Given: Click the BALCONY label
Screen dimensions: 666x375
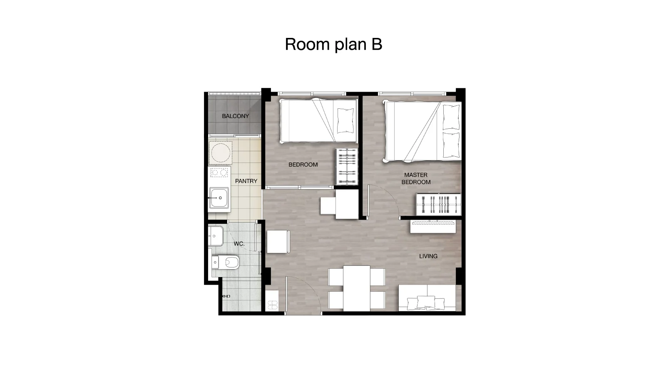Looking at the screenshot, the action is [x=235, y=116].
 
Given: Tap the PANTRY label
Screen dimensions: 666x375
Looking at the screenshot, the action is [x=246, y=181].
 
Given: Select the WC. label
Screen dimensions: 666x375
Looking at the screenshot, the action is [x=239, y=244].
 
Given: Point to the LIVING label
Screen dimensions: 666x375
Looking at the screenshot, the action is [x=428, y=256].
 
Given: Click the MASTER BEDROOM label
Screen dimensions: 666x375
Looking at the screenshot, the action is [x=416, y=179].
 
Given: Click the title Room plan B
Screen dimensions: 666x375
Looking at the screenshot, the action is [x=333, y=44].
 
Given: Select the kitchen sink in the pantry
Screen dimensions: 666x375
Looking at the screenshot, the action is [x=219, y=197].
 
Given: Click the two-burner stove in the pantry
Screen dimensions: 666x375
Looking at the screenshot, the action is [x=219, y=172].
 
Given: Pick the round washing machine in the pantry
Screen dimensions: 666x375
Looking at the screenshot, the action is [x=220, y=153].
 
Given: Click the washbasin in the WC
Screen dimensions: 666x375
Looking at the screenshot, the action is [x=216, y=236].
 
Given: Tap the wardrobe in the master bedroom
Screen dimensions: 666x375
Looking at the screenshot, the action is [x=439, y=204].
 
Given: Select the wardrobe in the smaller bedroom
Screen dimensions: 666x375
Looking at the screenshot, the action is [x=347, y=166].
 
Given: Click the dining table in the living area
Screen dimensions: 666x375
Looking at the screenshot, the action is [x=357, y=288].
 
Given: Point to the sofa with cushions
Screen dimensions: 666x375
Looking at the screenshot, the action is [x=427, y=297].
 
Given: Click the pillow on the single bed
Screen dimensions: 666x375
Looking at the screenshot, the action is [x=345, y=120].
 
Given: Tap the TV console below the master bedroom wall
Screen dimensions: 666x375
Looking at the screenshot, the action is [x=433, y=227].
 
